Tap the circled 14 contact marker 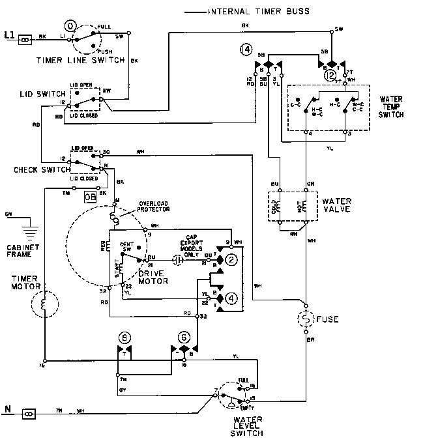click(246, 49)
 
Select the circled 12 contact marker click(330, 76)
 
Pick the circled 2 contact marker click(230, 260)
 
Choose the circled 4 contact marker click(230, 299)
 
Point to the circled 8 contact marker click(123, 337)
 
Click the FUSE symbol click(305, 319)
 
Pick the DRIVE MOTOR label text click(149, 277)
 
